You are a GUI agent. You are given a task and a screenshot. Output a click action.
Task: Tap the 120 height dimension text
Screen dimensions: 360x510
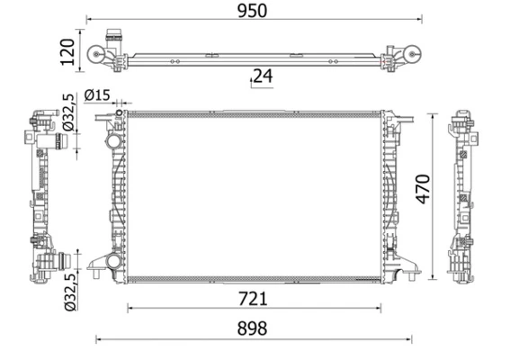point(67,52)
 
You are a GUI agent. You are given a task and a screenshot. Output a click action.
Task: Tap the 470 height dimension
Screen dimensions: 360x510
point(423,189)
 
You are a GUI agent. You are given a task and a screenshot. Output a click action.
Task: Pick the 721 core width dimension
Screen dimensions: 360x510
point(253,298)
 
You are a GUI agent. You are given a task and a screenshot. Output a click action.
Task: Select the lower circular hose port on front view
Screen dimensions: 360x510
point(112,262)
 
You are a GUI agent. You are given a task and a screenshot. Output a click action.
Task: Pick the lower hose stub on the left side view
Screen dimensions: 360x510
point(58,262)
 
